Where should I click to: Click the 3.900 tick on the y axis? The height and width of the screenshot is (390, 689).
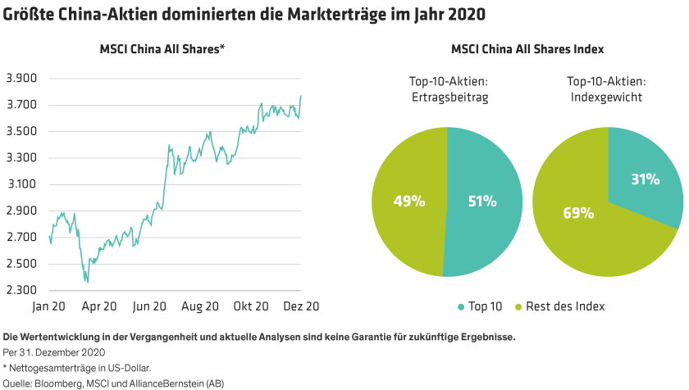point(22,79)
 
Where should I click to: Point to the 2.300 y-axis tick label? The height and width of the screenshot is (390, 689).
point(22,290)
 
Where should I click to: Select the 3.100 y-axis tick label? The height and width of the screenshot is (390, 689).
point(22,184)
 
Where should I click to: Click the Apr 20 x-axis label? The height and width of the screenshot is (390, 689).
point(99,306)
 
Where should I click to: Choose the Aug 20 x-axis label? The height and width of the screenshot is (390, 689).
point(199,306)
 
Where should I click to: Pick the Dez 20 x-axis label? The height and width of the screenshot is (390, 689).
point(300,306)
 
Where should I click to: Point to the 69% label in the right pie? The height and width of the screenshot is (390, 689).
point(577,213)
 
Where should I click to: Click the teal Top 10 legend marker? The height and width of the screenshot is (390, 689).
point(461,306)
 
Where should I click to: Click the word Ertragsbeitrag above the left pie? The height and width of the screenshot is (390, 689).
point(447,97)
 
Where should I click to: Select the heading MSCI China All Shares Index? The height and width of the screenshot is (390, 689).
point(527,49)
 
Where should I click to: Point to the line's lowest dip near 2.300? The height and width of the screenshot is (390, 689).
point(86,281)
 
